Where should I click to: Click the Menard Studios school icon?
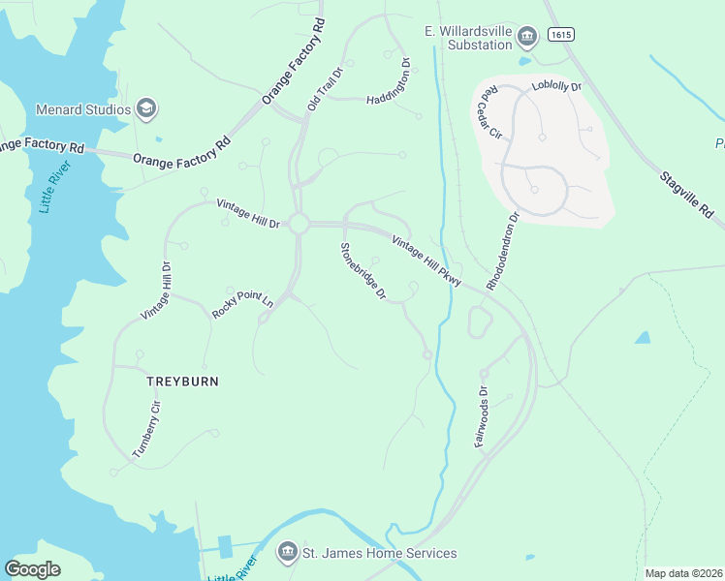146,108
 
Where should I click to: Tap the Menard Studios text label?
83,109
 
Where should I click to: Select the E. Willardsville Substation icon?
527,38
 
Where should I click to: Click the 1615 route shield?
559,35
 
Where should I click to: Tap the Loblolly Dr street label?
556,87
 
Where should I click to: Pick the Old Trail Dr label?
326,88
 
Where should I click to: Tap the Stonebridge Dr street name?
363,271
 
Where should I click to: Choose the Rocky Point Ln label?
242,306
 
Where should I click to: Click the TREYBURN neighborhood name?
182,382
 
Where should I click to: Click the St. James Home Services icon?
287,553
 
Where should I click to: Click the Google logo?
33,568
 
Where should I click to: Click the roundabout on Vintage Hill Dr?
298,224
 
